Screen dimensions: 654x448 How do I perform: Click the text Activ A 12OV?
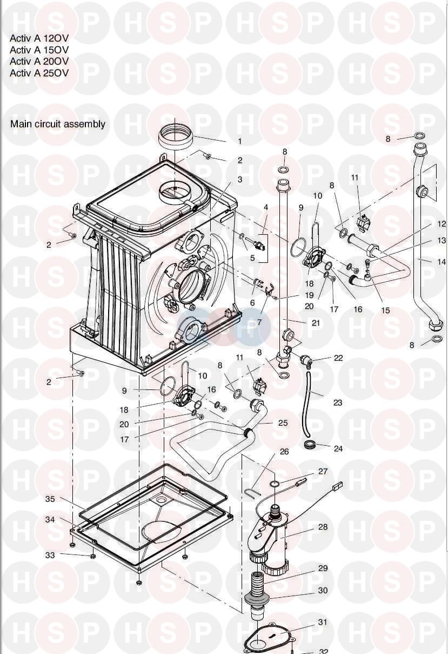click(39, 38)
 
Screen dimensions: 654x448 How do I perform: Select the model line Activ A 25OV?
click(39, 73)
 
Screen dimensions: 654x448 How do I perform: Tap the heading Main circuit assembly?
click(58, 124)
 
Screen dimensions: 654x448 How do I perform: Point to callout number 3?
click(240, 179)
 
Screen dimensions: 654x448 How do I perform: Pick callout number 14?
click(441, 261)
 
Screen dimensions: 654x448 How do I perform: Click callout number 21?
click(316, 323)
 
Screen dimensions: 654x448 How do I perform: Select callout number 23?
click(338, 402)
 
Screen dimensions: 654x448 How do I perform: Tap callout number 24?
click(338, 448)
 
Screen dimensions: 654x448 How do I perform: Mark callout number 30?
click(323, 591)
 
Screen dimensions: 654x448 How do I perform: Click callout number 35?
click(50, 499)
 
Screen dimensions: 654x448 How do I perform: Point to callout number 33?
click(50, 555)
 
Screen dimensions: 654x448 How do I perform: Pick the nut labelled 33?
click(93, 556)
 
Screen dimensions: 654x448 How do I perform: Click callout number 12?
click(442, 223)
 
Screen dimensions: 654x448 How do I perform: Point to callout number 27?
click(323, 472)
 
